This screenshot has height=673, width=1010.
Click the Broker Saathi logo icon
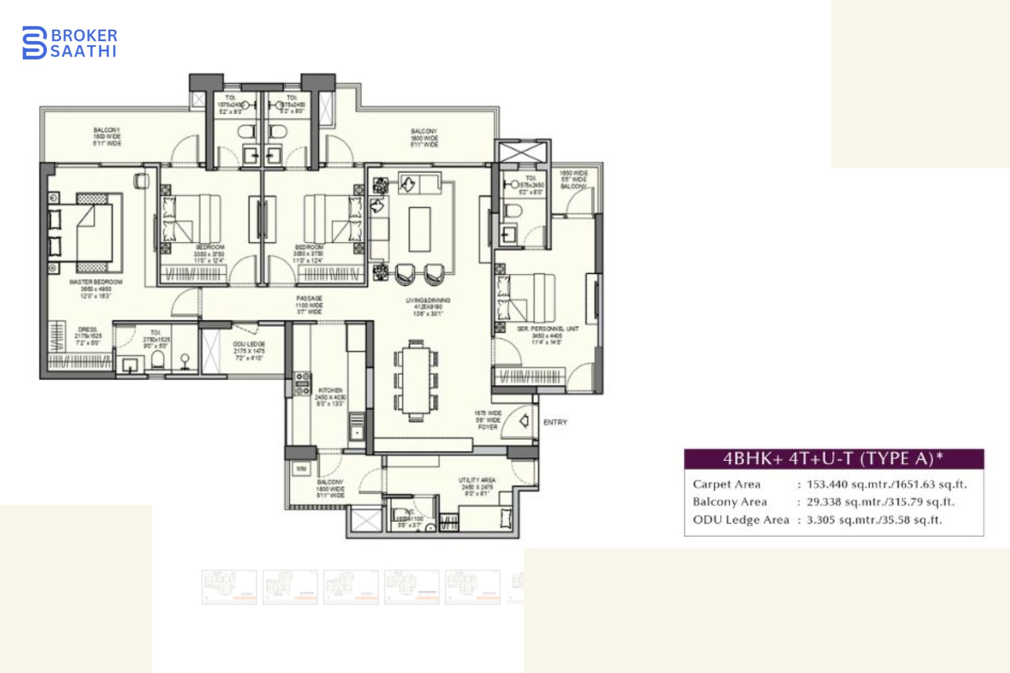(34, 43)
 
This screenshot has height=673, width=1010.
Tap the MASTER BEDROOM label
(96, 282)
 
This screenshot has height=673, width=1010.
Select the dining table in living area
(416, 380)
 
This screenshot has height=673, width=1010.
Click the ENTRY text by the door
(555, 422)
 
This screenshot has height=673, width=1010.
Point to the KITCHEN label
(330, 391)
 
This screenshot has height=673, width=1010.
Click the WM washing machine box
(301, 468)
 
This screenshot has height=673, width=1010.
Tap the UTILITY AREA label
(477, 480)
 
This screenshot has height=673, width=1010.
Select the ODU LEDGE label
(249, 344)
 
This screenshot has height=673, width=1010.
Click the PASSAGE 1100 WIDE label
(309, 305)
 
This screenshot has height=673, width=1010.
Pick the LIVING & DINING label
(427, 301)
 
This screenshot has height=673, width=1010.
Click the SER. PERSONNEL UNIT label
(547, 329)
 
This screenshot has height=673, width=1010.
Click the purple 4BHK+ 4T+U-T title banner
(834, 459)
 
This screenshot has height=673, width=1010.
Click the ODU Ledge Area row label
(741, 520)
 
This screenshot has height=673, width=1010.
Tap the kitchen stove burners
(302, 384)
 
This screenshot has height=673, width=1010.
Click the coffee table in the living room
(420, 229)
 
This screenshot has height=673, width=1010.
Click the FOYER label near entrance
(488, 427)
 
